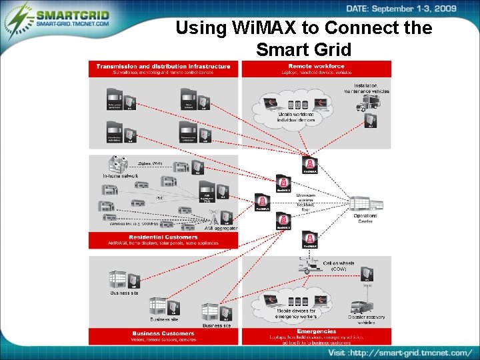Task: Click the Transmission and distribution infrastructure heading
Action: (x=163, y=66)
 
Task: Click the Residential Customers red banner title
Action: (x=163, y=237)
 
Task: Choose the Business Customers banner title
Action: (x=163, y=333)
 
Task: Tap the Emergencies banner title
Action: (x=316, y=331)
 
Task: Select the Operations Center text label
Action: (x=365, y=219)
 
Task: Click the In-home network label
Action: (x=120, y=175)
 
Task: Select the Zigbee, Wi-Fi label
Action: (x=149, y=163)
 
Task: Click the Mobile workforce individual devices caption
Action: (x=297, y=118)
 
